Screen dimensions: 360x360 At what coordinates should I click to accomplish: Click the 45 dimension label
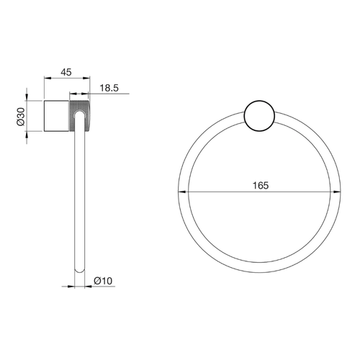(66, 72)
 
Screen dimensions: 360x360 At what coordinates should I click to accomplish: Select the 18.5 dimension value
(109, 88)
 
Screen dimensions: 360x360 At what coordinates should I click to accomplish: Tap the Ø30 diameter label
(21, 117)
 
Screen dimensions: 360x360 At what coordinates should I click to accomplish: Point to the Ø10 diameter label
(103, 281)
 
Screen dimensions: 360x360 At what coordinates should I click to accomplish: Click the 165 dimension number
(261, 186)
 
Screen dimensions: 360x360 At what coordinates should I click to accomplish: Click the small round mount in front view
(259, 116)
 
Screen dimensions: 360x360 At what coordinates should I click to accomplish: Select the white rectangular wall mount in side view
(57, 116)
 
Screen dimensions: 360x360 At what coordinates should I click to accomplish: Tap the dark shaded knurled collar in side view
(80, 116)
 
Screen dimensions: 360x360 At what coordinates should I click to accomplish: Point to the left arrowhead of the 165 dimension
(182, 192)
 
